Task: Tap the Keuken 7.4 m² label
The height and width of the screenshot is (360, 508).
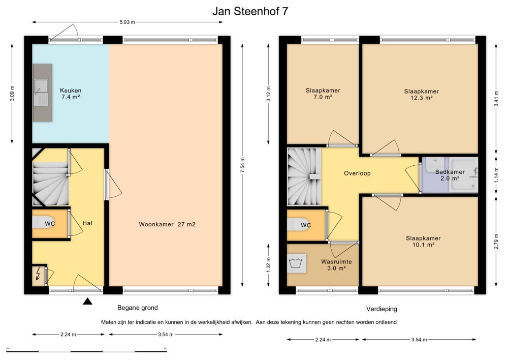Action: [71, 94]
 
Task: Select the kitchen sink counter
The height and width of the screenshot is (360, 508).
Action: [43, 93]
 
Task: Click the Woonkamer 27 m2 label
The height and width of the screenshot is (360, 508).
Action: [167, 224]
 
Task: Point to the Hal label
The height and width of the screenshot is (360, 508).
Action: [87, 223]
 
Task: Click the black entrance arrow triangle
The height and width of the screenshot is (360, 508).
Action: [88, 302]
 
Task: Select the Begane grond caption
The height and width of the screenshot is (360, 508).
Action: [137, 308]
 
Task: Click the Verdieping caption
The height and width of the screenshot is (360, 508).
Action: [382, 309]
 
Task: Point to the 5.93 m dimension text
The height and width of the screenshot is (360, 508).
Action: [127, 22]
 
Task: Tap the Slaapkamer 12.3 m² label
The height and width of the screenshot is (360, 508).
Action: [421, 95]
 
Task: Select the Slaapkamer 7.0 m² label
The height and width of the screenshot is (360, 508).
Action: [323, 94]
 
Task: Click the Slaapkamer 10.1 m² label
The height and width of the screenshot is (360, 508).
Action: [423, 241]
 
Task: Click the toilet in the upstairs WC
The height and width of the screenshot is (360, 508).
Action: [299, 225]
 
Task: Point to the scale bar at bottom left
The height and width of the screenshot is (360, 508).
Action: [86, 350]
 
